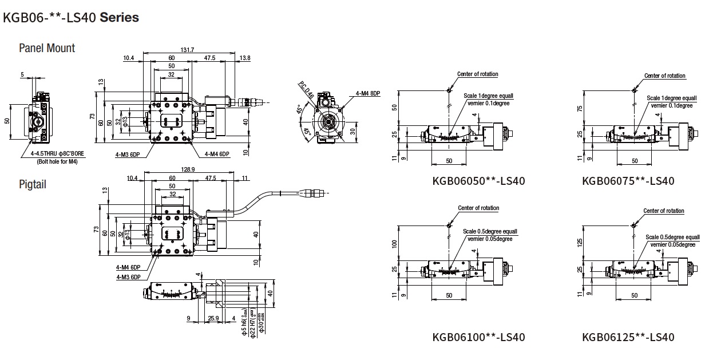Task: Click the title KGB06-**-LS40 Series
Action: (x=71, y=17)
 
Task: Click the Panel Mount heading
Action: (x=47, y=48)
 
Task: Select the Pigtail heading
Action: (x=33, y=184)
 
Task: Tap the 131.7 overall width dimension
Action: (x=188, y=50)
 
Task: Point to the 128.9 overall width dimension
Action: (x=188, y=170)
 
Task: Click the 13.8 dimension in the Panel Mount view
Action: (x=245, y=58)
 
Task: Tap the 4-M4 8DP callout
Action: (x=367, y=93)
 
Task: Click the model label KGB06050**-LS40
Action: (x=478, y=181)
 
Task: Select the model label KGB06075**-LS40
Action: (x=628, y=181)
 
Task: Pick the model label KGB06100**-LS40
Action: (x=478, y=337)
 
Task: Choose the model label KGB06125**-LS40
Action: (x=628, y=337)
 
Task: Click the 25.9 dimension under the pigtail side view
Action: (x=214, y=318)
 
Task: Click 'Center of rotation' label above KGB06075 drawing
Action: (x=664, y=76)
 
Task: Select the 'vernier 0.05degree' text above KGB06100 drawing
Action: (x=490, y=239)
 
